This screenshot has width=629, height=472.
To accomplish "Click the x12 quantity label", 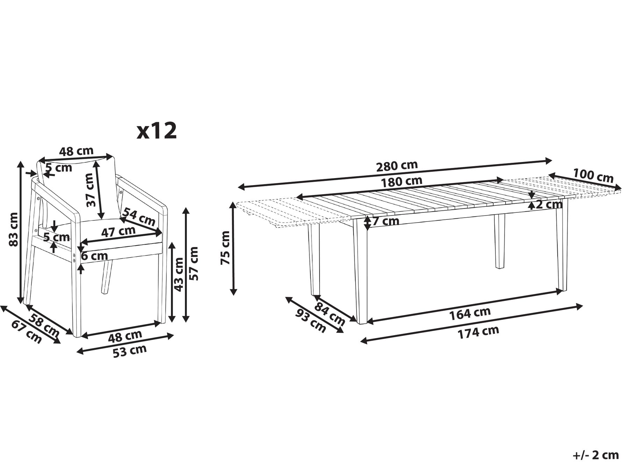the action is tap(157, 131).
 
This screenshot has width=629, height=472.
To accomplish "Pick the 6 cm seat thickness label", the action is tap(94, 256).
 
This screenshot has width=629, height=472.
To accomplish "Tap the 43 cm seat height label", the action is tap(179, 274).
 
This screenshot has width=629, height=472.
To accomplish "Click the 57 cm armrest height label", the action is tap(193, 263).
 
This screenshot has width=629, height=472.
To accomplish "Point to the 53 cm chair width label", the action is tap(130, 351).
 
